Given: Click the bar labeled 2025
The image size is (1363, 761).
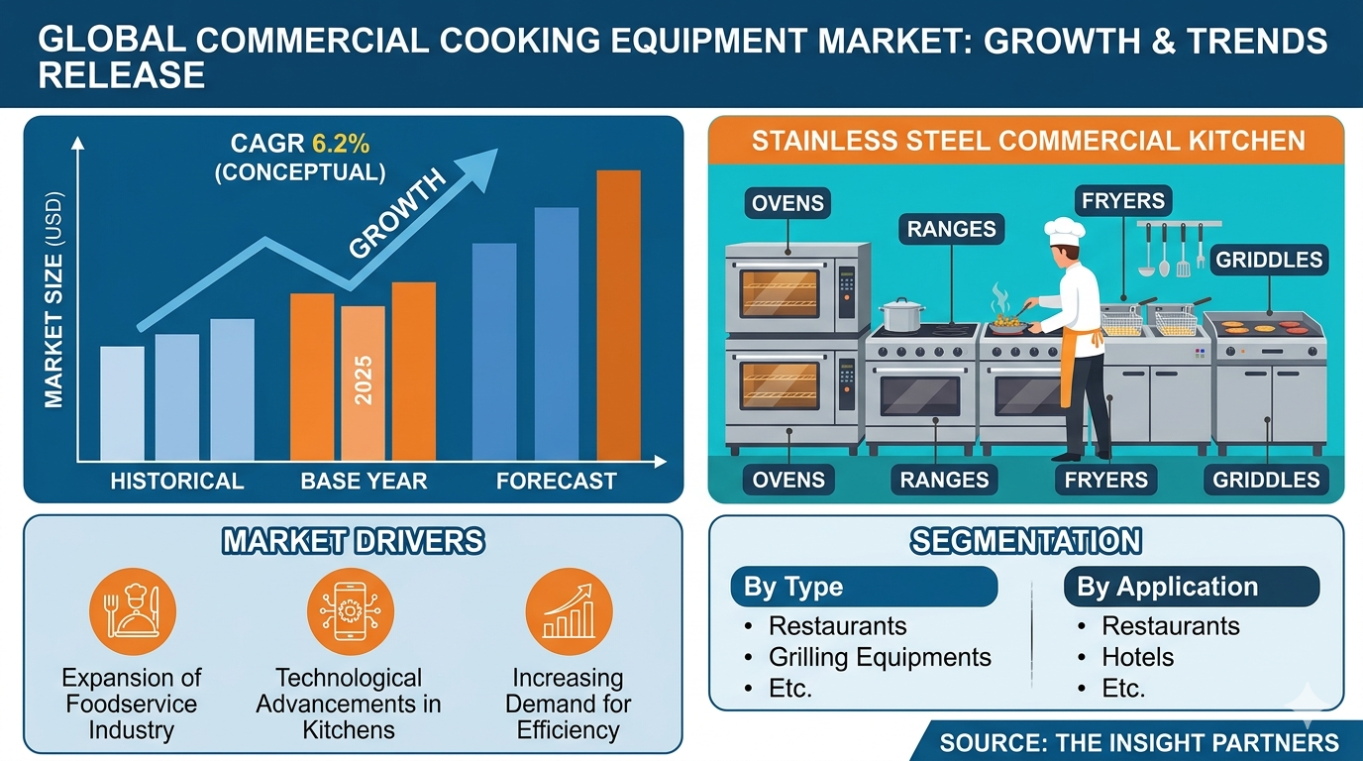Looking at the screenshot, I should pos(363,382).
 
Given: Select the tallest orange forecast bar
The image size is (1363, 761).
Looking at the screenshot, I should pos(618,315).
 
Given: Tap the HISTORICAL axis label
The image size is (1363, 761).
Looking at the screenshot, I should pos(176,482).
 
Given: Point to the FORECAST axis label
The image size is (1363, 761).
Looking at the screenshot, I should pos(556,482).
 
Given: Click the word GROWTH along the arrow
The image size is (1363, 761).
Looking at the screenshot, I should pos(399,215).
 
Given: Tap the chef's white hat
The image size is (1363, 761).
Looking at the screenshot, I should pos(1058,230).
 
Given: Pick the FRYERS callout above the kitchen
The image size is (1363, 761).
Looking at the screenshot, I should pos(1122,201).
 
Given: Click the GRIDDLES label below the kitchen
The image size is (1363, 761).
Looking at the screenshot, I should pos(1266,481).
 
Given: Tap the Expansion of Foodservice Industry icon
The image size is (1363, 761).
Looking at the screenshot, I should pos(132,611).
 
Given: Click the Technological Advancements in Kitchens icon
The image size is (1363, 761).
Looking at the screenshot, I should pos(350,611).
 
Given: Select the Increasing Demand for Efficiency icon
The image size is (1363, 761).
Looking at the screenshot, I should pos(569,611).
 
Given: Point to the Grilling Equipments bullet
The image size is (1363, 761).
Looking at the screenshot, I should pos(879,657).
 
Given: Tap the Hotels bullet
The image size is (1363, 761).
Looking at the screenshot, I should pos(1137,657).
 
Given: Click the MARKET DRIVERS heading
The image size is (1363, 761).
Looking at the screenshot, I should pos(353,541).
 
